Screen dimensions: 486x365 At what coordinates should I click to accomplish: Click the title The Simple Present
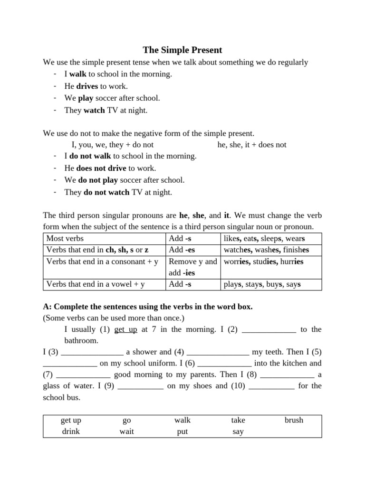coord(182,50)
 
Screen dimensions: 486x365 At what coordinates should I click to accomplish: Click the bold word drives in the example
coord(87,86)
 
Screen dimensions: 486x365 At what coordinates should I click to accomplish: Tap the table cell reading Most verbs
coord(65,238)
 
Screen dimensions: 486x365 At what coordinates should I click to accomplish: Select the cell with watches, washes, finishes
coord(266,250)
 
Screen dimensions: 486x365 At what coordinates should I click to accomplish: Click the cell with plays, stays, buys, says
coord(262,285)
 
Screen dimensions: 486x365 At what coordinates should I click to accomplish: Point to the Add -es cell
coord(182,250)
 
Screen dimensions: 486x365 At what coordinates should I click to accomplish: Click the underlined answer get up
coord(126,329)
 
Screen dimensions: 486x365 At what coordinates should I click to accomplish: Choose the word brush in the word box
coord(294,420)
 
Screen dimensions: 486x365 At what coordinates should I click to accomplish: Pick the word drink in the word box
coord(71,431)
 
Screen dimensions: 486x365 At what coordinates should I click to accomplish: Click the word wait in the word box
coord(126,431)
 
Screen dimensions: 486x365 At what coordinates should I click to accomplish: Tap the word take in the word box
coord(238,420)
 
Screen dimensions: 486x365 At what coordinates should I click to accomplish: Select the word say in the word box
coord(238,431)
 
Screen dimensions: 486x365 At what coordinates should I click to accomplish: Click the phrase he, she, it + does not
coord(252,145)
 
